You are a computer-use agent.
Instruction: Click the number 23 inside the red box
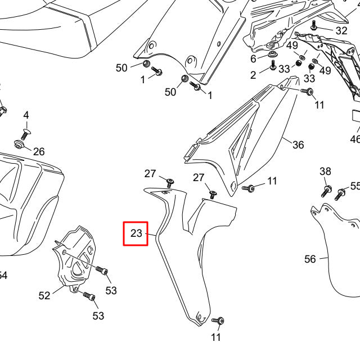tap(136, 233)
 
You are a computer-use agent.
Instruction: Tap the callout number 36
tap(298, 145)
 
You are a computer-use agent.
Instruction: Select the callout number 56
tap(310, 259)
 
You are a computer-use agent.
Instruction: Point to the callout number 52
tap(44, 295)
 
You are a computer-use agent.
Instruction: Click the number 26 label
tap(39, 151)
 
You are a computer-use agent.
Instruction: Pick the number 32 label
tap(341, 30)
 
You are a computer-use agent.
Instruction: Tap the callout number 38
tap(325, 171)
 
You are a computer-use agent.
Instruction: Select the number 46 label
tap(355, 138)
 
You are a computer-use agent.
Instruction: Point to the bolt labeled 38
tap(326, 190)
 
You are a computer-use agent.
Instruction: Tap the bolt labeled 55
tap(340, 195)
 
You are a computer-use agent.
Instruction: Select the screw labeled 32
tap(314, 26)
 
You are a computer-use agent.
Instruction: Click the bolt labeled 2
tap(273, 66)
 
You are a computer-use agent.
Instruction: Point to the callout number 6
tap(253, 59)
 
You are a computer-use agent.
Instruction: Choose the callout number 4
tap(25, 115)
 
